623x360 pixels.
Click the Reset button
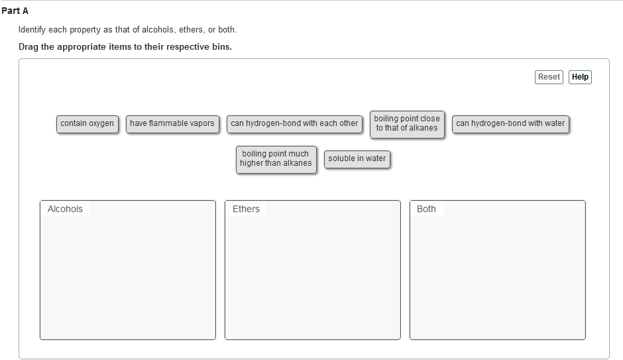point(549,77)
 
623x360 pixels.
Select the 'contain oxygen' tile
point(87,123)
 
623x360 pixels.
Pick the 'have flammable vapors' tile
point(172,123)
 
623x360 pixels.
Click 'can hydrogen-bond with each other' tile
point(294,123)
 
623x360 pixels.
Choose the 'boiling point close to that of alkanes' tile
point(407,124)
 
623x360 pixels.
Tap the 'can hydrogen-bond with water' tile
point(510,123)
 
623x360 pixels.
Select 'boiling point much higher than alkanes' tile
point(276,159)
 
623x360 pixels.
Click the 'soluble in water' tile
point(357,159)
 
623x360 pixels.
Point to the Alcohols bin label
point(65,210)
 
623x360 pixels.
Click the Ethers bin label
point(246,210)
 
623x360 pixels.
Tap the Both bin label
point(426,210)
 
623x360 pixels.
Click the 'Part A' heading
point(15,11)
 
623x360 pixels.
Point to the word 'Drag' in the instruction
point(30,48)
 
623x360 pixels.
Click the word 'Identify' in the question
point(34,30)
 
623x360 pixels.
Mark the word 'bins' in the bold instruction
point(220,48)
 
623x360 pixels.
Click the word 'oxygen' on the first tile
point(101,124)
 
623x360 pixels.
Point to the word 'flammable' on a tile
point(171,123)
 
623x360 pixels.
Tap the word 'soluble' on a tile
point(342,159)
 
